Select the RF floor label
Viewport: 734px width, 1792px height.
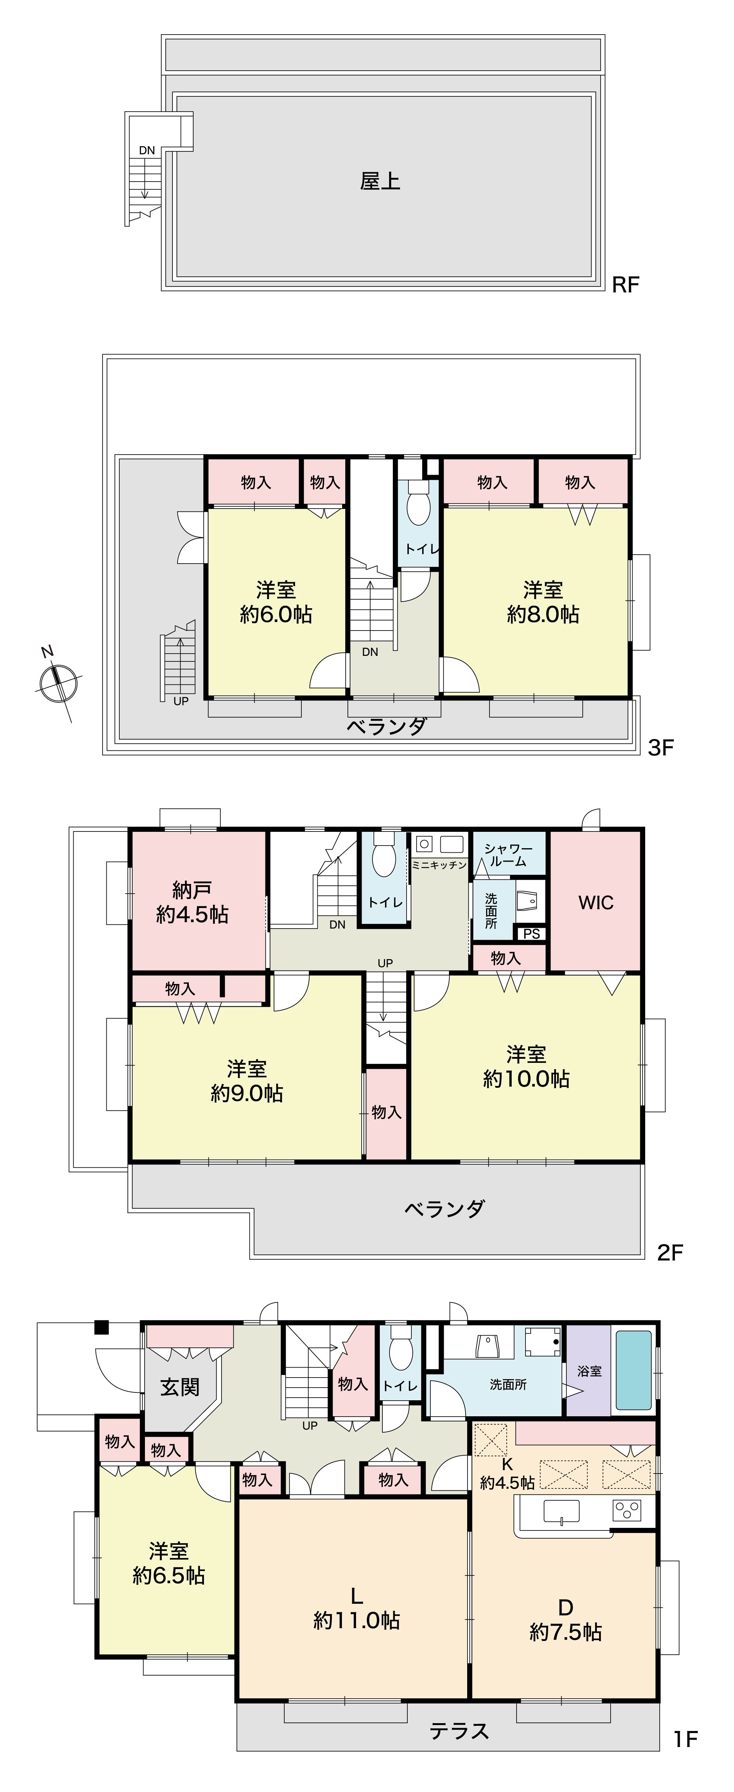click(x=625, y=285)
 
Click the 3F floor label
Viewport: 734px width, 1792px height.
click(x=661, y=748)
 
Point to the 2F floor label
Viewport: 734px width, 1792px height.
click(x=671, y=1253)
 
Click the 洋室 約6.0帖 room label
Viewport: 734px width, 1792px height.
click(x=276, y=602)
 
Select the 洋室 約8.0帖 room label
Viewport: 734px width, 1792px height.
click(x=543, y=602)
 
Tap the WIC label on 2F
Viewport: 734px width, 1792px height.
click(x=596, y=903)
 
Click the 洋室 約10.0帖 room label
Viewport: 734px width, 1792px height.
click(x=526, y=1067)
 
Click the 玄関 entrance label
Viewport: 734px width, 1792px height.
click(x=180, y=1387)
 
